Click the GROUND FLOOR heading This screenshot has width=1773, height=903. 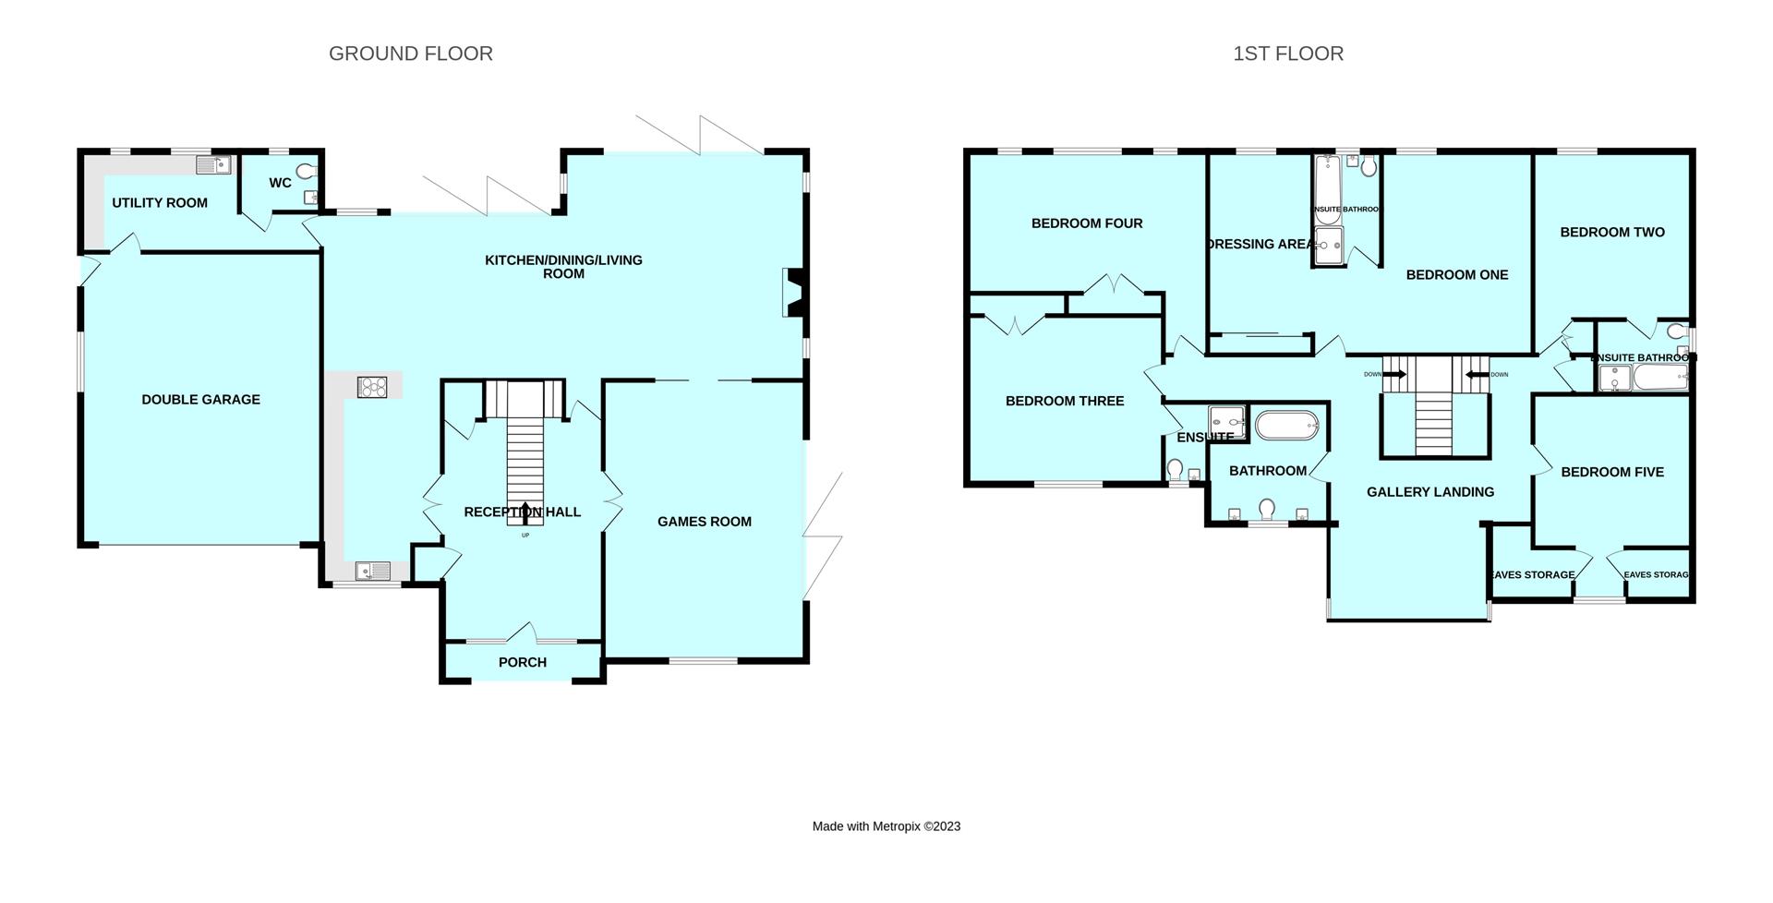pos(410,54)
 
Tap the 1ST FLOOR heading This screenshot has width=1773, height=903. pos(1288,54)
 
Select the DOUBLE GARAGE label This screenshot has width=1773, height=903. pos(200,400)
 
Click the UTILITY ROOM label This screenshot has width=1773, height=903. pos(160,203)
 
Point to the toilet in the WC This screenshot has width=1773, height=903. pos(308,172)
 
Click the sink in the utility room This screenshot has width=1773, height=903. pos(212,165)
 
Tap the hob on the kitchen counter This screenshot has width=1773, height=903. pos(372,387)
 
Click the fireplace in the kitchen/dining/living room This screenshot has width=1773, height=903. pos(793,292)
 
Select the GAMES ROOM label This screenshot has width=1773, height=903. pos(704,522)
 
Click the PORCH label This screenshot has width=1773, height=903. pos(522,662)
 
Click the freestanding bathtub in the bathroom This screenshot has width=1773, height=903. pos(1287,427)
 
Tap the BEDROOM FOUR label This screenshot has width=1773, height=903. pos(1086,223)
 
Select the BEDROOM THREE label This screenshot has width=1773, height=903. pos(1064,401)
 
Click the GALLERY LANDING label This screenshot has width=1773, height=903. pos(1429,492)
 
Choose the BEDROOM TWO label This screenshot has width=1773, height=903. pos(1611,233)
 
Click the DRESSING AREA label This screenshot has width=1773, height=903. pos(1260,245)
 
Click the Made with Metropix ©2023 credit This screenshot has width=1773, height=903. pos(886,826)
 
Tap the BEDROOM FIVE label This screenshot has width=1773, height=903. pos(1611,472)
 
